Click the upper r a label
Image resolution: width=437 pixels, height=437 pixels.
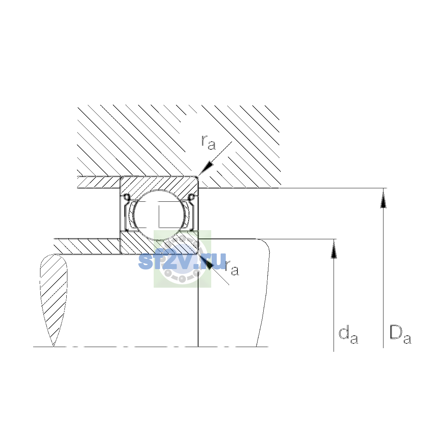208,143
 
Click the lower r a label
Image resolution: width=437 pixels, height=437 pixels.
232,268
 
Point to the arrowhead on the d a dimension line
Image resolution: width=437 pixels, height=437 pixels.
334,249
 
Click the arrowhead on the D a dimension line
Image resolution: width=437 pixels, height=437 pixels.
383,198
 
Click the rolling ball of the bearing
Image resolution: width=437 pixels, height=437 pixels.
160,215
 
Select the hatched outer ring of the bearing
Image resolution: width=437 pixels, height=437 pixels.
159,185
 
